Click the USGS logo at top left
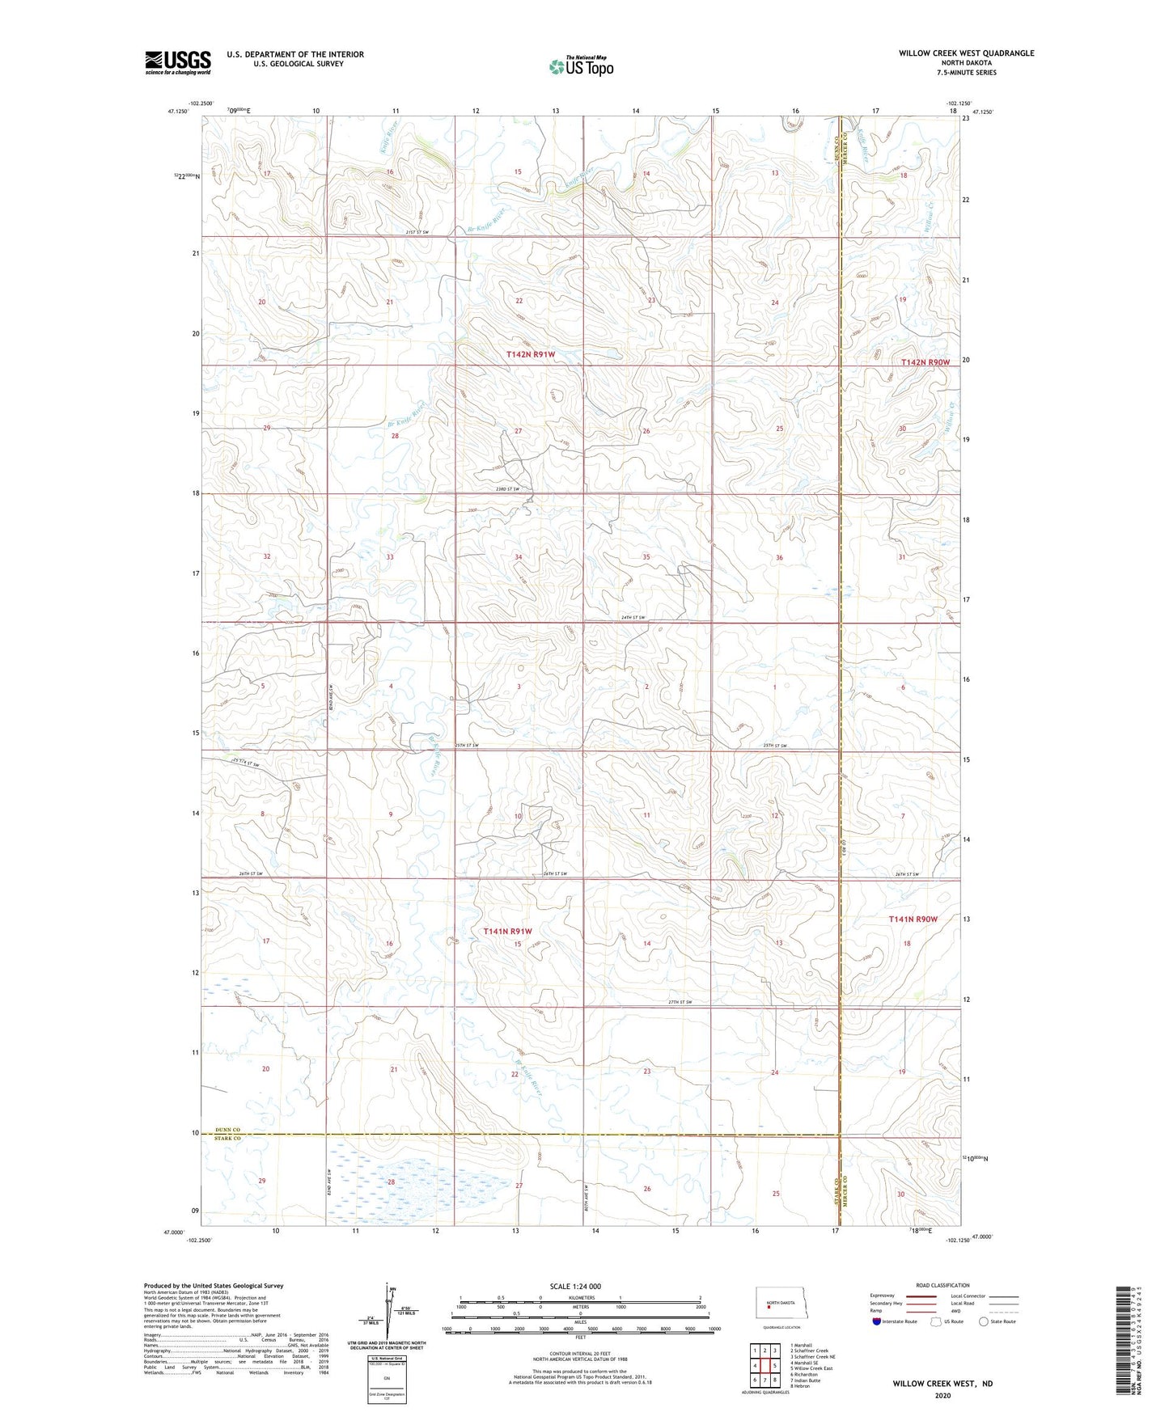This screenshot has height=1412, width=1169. (178, 62)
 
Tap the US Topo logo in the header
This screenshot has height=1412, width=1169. (581, 66)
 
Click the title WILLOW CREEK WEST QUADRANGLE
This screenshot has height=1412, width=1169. (966, 53)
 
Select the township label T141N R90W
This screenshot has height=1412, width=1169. (913, 919)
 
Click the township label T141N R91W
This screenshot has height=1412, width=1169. (507, 932)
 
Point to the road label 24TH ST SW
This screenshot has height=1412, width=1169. (633, 618)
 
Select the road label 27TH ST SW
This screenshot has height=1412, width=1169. (680, 1003)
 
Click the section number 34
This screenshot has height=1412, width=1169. (519, 557)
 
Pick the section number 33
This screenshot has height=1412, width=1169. (390, 557)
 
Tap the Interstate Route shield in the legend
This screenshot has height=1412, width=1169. (877, 1321)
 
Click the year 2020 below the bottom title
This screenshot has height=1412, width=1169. (942, 1395)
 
